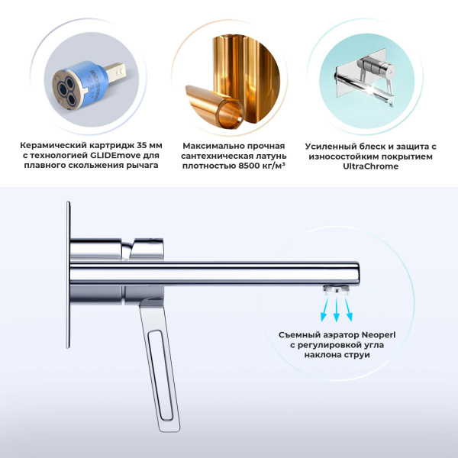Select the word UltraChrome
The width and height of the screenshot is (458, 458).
371,166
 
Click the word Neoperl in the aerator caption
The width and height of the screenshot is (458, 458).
379,335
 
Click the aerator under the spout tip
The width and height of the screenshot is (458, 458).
336,290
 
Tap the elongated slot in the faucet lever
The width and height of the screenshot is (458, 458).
160,376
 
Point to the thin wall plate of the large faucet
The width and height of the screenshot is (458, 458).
69,275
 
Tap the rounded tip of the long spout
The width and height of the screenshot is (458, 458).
357,274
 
